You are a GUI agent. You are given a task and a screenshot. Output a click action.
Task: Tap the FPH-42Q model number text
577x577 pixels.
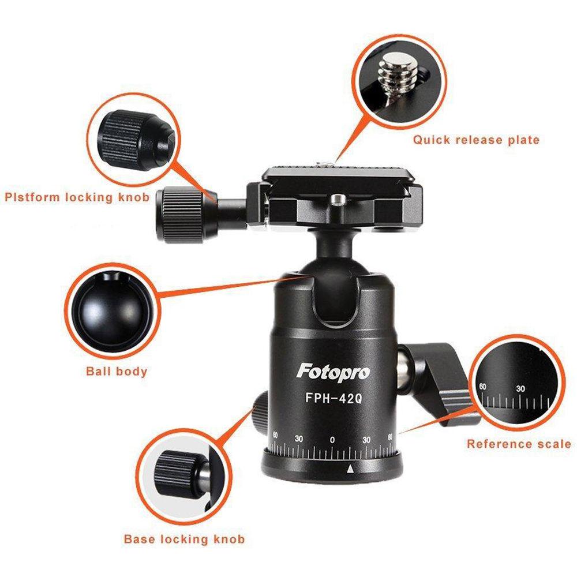pos(333,398)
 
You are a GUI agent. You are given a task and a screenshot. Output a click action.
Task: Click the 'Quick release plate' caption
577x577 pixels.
pos(475,140)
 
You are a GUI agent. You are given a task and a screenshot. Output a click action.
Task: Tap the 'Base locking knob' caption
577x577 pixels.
pos(184,539)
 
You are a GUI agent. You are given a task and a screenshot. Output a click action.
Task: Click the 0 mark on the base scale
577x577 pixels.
pos(332,440)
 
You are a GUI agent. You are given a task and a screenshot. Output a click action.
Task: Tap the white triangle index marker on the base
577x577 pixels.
pos(349,470)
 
